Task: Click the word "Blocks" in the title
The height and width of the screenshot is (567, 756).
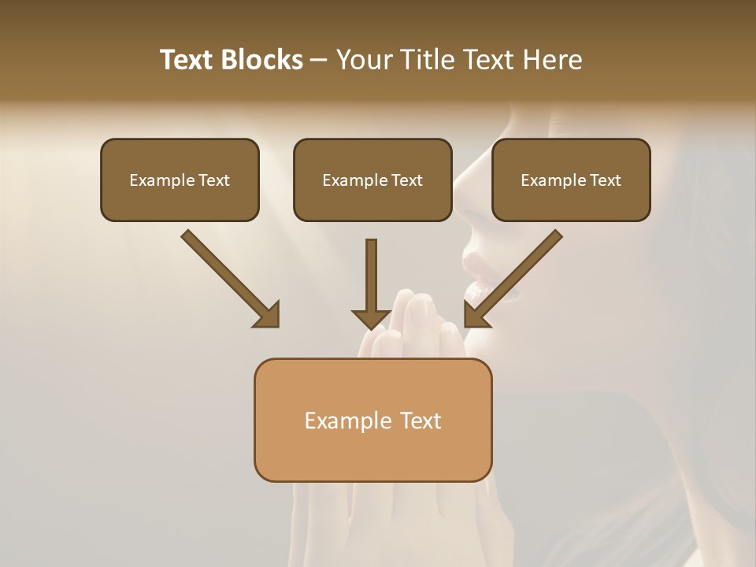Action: point(264,60)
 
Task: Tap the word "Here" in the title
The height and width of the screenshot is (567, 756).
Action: point(553,60)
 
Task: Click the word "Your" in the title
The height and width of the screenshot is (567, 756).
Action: point(365,60)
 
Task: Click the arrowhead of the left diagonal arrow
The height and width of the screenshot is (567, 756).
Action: point(268,315)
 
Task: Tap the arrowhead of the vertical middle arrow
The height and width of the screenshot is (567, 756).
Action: point(372,318)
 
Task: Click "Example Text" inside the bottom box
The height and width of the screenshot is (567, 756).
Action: point(372,421)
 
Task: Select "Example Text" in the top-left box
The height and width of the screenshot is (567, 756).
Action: point(180,180)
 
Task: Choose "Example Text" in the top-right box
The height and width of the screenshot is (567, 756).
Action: point(571,180)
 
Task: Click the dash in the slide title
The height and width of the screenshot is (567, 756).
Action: point(319,60)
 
